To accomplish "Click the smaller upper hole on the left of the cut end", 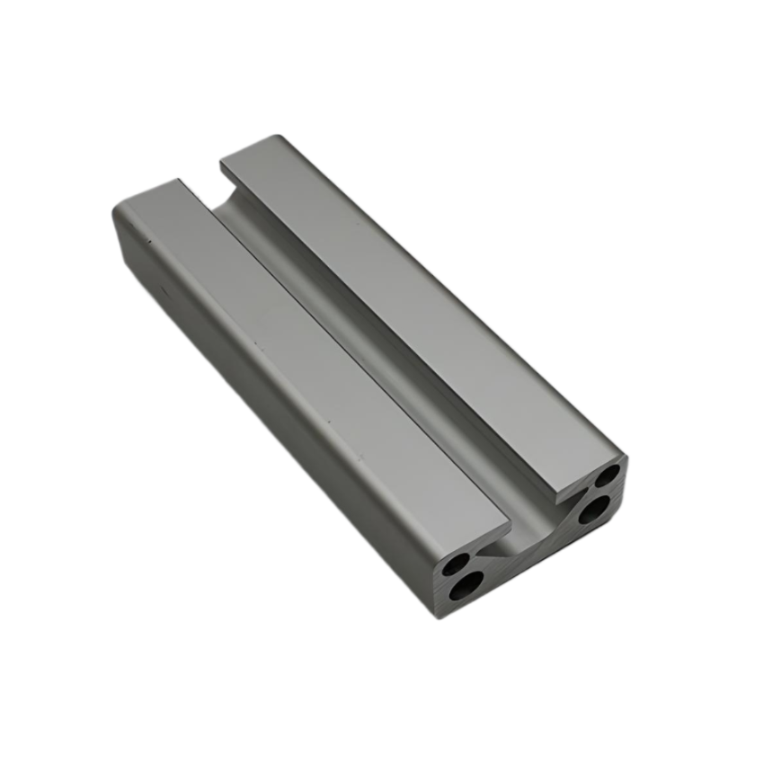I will [x=458, y=565].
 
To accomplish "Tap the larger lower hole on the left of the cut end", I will [x=466, y=587].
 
